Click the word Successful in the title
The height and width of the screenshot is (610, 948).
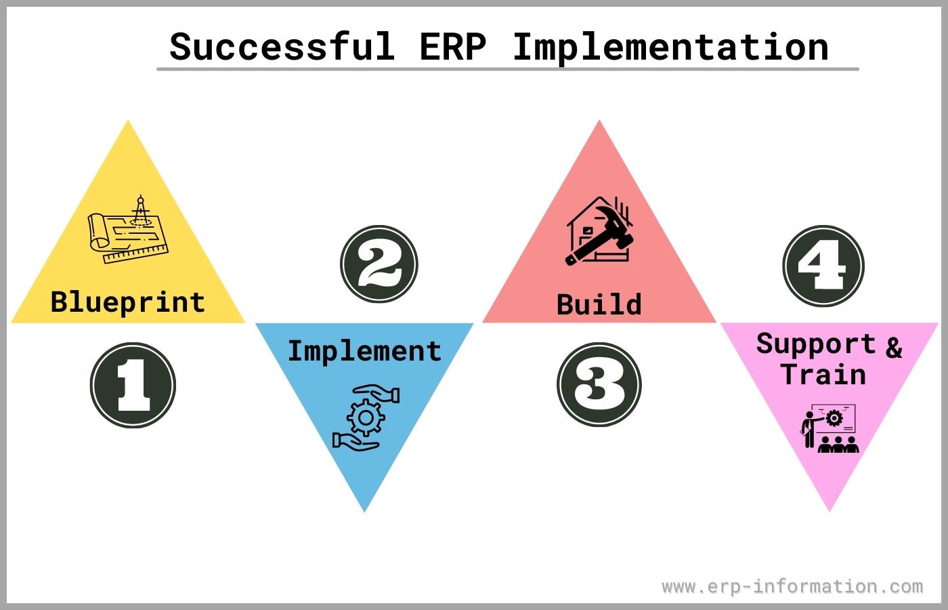point(282,47)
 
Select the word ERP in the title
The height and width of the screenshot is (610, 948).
point(452,47)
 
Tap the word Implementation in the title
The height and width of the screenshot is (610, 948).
point(670,47)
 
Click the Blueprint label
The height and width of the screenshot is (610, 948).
point(127,302)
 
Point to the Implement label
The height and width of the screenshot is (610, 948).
point(364,351)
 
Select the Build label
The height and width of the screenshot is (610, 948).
point(599,304)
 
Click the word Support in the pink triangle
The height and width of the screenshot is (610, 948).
point(816,344)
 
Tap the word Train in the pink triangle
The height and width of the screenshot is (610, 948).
point(823,374)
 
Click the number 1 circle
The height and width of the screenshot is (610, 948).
point(133,385)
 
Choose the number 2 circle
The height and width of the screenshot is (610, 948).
point(379,264)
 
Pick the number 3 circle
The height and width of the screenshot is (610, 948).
point(599,384)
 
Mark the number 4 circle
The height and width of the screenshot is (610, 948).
point(823,266)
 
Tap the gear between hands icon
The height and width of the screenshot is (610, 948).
point(366,417)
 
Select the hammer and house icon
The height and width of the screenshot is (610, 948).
point(599,231)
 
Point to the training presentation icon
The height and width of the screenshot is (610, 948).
point(829,428)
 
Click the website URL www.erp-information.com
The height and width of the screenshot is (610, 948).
point(792,586)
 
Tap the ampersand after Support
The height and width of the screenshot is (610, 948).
point(894,347)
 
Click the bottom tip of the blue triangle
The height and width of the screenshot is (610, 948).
point(364,509)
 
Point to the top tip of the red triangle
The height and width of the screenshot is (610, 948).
point(599,124)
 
